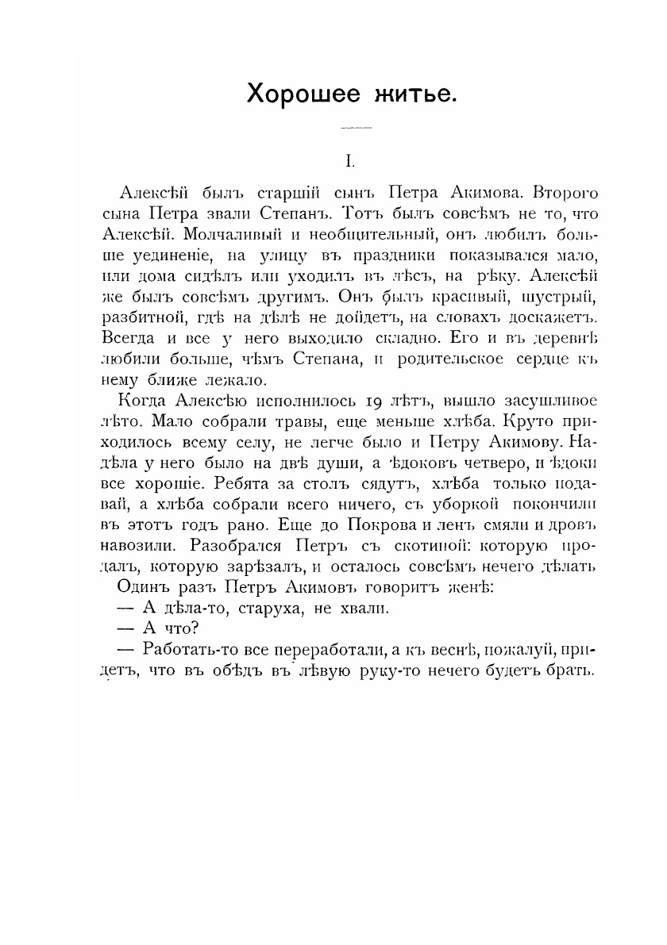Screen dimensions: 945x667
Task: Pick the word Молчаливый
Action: coord(231,236)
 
